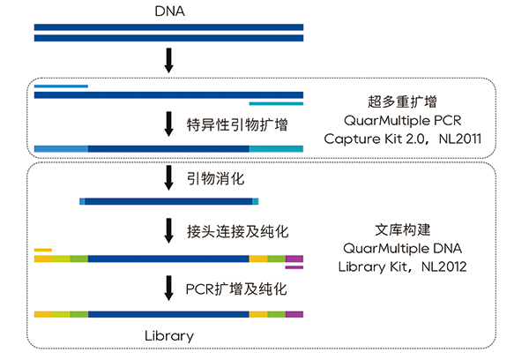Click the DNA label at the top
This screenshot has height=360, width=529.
click(169, 11)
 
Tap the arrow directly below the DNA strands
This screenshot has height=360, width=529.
click(169, 62)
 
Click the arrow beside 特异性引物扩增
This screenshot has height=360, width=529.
click(169, 123)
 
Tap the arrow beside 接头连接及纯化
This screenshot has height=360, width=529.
click(169, 231)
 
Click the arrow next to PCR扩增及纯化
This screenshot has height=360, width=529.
click(169, 288)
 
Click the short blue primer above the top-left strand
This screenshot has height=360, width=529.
click(61, 86)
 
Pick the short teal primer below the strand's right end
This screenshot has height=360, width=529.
click(276, 104)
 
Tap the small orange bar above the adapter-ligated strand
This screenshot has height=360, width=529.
click(43, 250)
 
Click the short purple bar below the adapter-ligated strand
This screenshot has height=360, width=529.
click(294, 267)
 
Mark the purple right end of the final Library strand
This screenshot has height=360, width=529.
click(294, 314)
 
